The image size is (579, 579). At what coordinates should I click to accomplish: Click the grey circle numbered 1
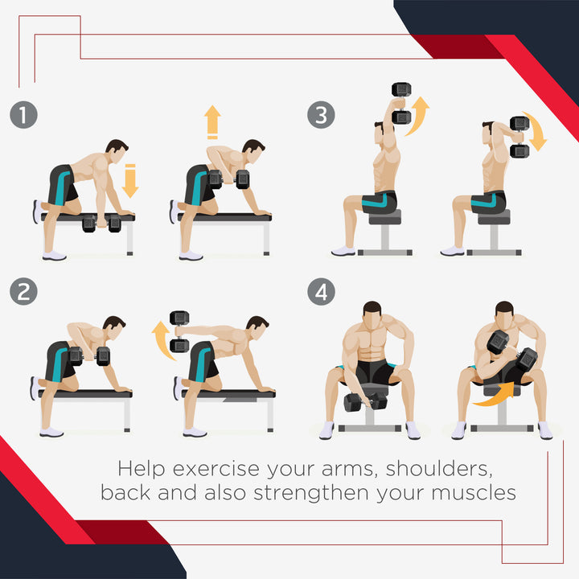pos(23,115)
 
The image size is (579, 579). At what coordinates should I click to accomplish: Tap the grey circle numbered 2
pos(23,292)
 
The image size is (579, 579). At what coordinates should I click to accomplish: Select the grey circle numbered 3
pos(321,115)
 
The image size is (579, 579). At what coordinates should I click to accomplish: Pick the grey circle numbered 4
pos(321,292)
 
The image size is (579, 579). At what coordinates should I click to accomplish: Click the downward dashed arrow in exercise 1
pos(130,181)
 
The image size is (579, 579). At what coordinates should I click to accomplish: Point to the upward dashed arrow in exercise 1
pos(212,122)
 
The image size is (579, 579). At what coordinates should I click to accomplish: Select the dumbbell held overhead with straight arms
pos(401,103)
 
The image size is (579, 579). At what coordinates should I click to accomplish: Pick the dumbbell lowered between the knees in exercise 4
pos(365,402)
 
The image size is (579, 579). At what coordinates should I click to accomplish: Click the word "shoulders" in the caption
pos(439,469)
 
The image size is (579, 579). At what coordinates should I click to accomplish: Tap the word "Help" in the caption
pos(142,470)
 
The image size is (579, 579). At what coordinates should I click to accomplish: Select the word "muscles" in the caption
pos(474,493)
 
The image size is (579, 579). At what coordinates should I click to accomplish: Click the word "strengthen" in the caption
pos(311,494)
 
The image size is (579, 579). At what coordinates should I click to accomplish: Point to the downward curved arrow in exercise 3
pos(536,130)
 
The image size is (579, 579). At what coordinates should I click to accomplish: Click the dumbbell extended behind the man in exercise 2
pos(179,331)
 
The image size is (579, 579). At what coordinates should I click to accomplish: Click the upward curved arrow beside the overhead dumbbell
pos(419,116)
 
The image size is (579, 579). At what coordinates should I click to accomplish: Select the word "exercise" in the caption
pos(216,470)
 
